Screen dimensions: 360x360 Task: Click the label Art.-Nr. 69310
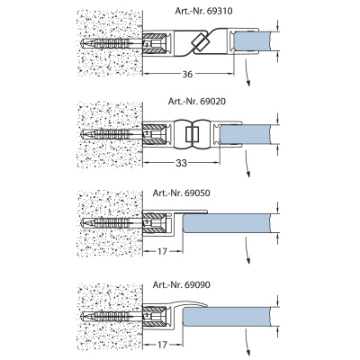click(203, 12)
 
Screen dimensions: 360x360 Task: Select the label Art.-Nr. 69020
click(197, 102)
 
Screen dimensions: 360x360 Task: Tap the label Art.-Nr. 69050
click(182, 193)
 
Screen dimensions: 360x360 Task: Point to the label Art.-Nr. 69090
click(182, 284)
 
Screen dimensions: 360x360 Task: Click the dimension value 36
click(187, 74)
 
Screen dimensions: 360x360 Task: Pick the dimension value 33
click(181, 163)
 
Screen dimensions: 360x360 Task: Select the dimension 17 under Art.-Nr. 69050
click(162, 251)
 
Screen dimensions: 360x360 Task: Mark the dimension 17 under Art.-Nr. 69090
click(162, 345)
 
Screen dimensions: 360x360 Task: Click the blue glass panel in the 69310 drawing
click(252, 41)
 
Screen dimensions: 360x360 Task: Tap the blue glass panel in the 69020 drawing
click(245, 134)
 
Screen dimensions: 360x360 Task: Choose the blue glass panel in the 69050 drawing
click(227, 223)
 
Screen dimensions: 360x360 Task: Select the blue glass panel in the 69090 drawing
click(227, 317)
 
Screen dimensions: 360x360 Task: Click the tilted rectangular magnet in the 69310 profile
click(199, 41)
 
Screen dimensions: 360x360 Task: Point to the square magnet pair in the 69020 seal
click(192, 134)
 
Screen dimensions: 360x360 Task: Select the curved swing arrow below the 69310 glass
click(247, 73)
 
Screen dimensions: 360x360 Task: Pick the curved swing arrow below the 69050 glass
click(247, 250)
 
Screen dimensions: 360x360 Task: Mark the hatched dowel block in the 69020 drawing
click(154, 134)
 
